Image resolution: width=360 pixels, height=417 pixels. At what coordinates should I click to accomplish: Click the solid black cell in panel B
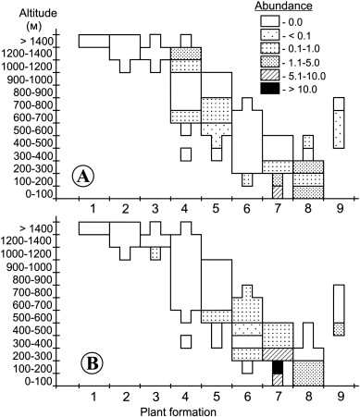coord(278,367)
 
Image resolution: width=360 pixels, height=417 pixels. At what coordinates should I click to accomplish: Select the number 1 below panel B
coord(94,397)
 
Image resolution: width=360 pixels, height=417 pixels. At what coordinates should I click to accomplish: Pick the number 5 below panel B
coord(217,397)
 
